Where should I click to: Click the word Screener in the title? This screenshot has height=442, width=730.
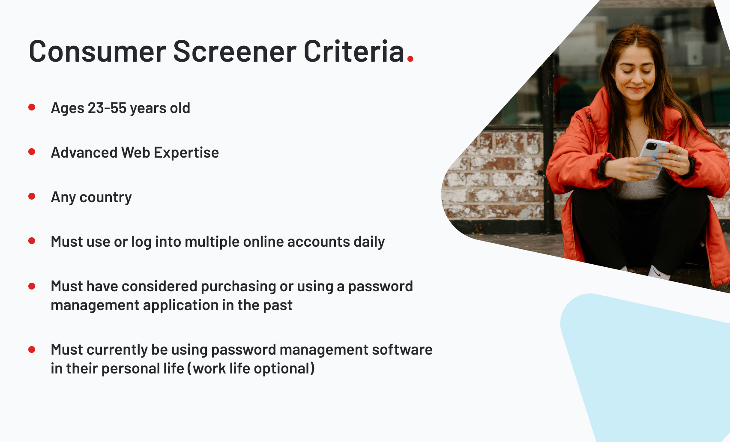(x=234, y=52)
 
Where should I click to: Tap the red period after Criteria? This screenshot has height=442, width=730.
(x=410, y=60)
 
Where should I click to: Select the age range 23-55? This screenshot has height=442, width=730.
(x=107, y=108)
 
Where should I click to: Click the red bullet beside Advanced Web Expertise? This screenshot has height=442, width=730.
(x=32, y=152)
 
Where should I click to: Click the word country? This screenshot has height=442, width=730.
(x=105, y=197)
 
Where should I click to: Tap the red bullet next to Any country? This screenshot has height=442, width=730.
(x=32, y=196)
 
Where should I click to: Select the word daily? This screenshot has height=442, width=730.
(x=369, y=242)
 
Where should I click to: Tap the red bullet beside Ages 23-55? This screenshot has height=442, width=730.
(x=32, y=107)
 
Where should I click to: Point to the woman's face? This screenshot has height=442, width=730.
(x=634, y=75)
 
